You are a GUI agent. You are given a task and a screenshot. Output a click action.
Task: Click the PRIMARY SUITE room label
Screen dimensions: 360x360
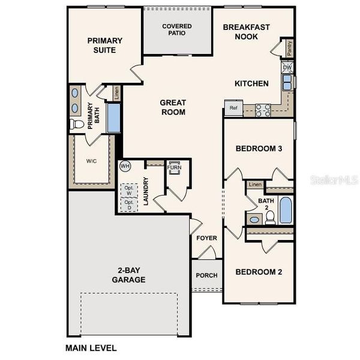pos(104,45)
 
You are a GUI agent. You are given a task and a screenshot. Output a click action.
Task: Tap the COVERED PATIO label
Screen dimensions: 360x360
pos(177,29)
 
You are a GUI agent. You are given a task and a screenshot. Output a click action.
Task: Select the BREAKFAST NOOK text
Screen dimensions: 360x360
pos(247,32)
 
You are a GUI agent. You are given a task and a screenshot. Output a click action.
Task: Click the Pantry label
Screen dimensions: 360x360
pos(290,49)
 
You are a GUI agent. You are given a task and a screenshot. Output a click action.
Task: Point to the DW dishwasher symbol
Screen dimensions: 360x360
pos(287,68)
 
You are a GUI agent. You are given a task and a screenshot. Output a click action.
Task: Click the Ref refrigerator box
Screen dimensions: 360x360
pos(233,108)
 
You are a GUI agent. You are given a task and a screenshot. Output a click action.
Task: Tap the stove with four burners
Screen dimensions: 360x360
pos(263,110)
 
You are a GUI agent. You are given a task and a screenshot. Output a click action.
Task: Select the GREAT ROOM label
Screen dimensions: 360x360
pos(172,107)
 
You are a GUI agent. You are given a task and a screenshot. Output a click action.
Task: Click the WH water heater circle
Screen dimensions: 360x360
pos(125,166)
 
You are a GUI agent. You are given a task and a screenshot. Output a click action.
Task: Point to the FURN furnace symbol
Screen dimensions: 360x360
pos(175,168)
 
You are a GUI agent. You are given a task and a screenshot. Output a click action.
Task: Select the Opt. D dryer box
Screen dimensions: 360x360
pos(129,204)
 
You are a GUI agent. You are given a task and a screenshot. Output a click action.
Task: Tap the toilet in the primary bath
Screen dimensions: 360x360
pos(76,124)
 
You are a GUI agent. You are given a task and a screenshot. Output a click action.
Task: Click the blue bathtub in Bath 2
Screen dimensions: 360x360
pos(285,211)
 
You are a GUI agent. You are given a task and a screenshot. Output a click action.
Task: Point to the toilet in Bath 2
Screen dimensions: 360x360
pos(270,217)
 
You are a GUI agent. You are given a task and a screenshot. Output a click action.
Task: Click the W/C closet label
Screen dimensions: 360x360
pos(91,161)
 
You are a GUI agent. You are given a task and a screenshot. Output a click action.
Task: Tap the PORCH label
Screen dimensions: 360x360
pos(207,275)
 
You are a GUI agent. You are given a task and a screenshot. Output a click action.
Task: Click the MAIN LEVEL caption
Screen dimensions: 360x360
pos(91,347)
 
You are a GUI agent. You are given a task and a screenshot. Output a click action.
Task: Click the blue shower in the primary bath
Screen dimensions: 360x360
pos(113,118)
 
